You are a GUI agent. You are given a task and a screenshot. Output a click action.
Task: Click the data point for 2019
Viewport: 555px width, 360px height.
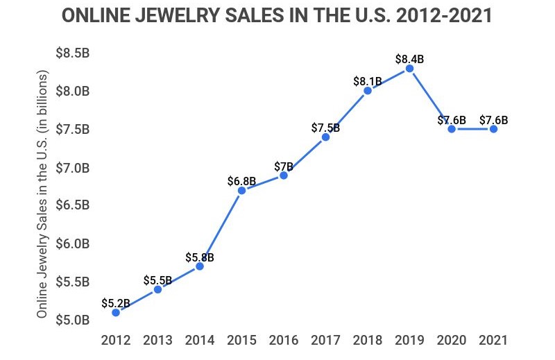pos(409,68)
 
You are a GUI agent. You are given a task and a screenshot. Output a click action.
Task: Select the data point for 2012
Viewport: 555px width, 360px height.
pos(116,312)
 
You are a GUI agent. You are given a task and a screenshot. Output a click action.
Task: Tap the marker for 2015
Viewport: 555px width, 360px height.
pos(241,190)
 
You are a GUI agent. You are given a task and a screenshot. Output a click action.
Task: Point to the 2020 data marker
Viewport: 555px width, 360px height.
pos(452,129)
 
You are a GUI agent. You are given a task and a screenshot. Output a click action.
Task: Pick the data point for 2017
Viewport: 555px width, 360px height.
pos(325,137)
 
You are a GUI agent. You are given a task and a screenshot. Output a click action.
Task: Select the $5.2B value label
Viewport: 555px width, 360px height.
pos(116,303)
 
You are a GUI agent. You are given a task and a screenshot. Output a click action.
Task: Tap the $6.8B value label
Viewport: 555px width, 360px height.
pos(241,181)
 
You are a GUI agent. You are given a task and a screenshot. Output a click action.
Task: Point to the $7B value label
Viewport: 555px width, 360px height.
pos(283,166)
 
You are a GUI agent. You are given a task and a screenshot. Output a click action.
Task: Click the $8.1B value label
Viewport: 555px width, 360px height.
pos(368,81)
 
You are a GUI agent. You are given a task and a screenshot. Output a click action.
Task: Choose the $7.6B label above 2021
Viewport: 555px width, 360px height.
pos(493,120)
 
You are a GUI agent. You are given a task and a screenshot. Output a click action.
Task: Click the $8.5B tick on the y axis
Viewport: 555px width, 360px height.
pos(71,53)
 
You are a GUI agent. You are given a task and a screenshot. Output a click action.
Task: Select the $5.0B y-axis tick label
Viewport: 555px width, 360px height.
pos(71,320)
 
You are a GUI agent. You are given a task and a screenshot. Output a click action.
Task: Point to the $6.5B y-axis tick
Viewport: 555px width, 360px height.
pos(71,205)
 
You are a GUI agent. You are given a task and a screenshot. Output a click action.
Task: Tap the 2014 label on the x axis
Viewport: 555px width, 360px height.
pos(200,340)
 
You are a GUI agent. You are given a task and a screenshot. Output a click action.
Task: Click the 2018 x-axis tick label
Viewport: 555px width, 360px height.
pos(368,340)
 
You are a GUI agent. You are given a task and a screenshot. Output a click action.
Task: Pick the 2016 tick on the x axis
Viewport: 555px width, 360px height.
pos(283,340)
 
